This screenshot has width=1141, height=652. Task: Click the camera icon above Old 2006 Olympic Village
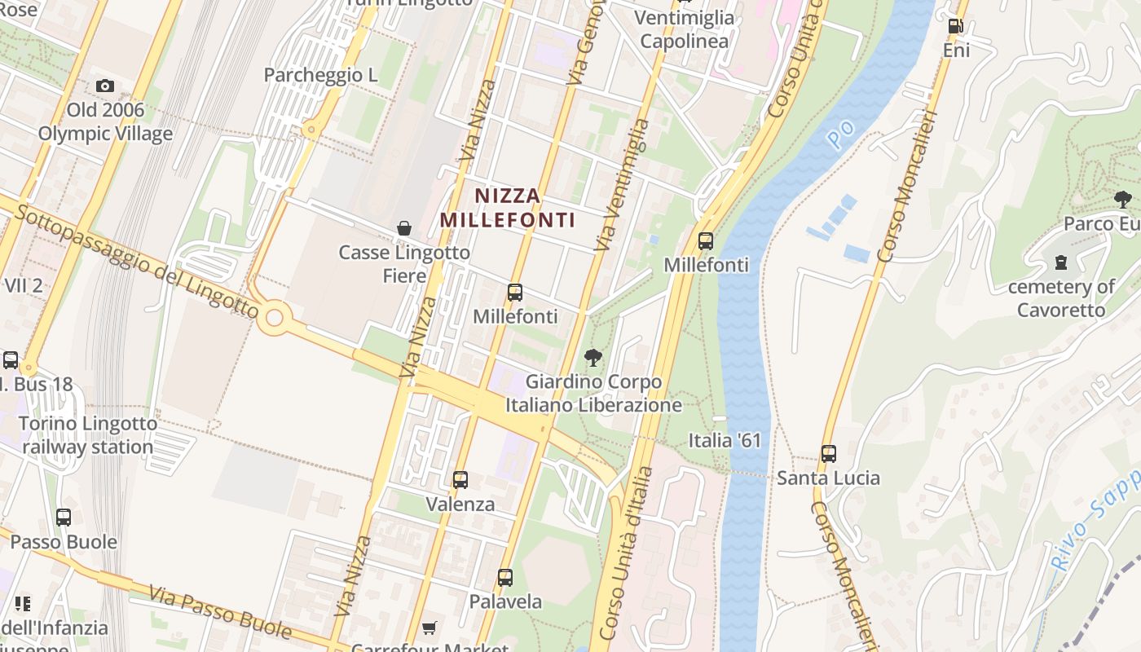click(104, 86)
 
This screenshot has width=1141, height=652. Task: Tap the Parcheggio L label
click(321, 75)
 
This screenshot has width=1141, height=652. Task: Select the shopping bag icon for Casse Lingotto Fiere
click(403, 228)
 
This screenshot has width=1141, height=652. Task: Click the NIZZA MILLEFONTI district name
click(508, 207)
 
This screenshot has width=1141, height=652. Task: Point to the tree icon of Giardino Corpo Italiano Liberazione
click(593, 357)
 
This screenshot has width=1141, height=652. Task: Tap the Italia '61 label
click(725, 441)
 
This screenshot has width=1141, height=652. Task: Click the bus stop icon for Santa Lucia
click(829, 454)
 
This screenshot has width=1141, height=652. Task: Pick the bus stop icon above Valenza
click(460, 480)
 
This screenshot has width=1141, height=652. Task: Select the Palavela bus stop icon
click(505, 578)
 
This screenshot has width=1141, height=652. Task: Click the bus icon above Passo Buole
click(64, 517)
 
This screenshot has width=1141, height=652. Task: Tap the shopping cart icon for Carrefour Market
click(430, 628)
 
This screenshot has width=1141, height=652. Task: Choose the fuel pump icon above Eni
click(955, 26)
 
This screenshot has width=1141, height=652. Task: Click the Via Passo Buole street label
click(220, 611)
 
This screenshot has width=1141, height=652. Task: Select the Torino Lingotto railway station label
click(88, 435)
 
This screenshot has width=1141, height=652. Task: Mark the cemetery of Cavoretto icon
click(1061, 262)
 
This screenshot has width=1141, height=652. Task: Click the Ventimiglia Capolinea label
click(684, 29)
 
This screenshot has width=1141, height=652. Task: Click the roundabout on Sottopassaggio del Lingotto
click(274, 317)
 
